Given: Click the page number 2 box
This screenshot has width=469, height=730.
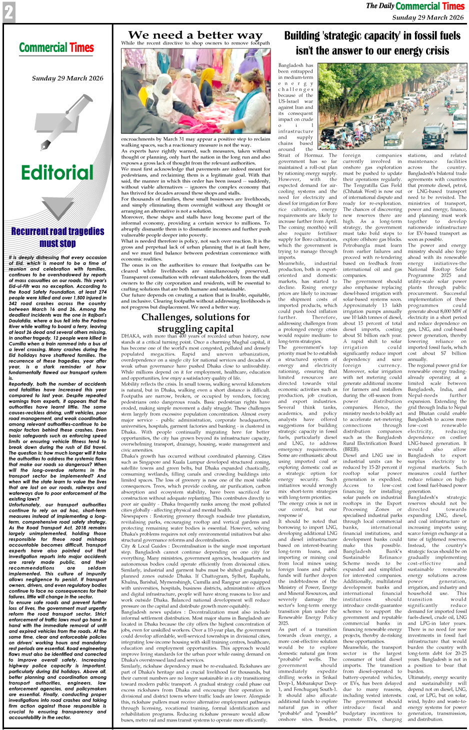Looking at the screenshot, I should pos(8,12).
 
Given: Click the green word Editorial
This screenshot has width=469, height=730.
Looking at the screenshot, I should pos(57,173).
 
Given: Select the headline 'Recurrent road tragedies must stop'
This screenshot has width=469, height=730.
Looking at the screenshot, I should pos(57,237).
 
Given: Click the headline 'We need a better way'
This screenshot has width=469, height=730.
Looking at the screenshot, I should pos(195,35).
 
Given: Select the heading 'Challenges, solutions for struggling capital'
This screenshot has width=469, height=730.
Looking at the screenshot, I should pos(195,322).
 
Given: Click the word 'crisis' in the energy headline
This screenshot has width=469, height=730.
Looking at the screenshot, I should pos(431,51).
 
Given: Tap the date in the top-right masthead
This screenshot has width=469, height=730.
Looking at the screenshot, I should pos(427,17).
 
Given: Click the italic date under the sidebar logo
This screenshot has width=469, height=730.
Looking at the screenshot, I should pos(67,78).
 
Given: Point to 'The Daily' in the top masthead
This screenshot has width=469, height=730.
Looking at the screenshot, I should pos(380,6).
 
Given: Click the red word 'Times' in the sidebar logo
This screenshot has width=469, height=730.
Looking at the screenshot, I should pos(81,48).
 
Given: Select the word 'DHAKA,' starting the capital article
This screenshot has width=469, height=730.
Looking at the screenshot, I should pos(130,336).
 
